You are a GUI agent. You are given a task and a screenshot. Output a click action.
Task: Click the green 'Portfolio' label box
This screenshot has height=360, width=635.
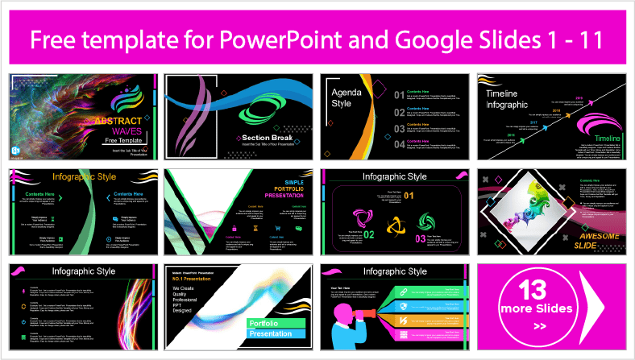[266, 322]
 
